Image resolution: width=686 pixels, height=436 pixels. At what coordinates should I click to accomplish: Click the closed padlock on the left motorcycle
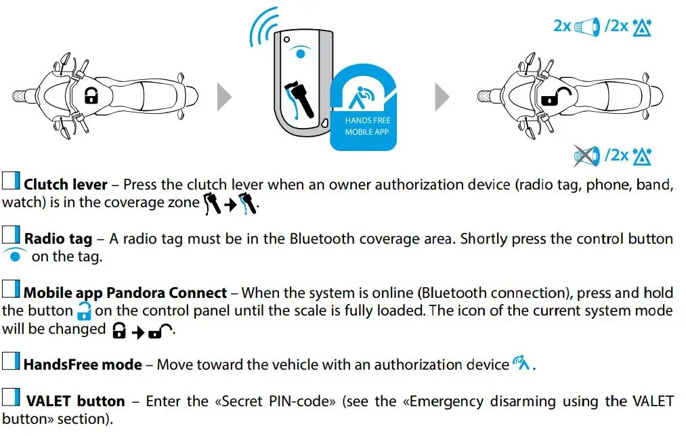(x=91, y=97)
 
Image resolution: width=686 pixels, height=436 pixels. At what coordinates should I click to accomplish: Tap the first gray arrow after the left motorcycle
(x=224, y=97)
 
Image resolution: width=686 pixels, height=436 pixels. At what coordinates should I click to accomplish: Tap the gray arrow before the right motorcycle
(x=442, y=97)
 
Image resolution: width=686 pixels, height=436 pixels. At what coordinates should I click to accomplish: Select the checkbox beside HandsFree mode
(x=12, y=363)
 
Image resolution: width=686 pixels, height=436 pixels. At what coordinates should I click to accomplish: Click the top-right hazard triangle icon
(x=641, y=27)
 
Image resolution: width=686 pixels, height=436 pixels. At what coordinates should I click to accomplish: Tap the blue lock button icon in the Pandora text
(x=83, y=311)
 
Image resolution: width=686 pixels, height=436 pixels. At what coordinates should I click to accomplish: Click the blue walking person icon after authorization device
(x=521, y=364)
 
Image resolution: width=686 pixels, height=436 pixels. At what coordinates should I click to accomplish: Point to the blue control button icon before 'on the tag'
(x=14, y=256)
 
